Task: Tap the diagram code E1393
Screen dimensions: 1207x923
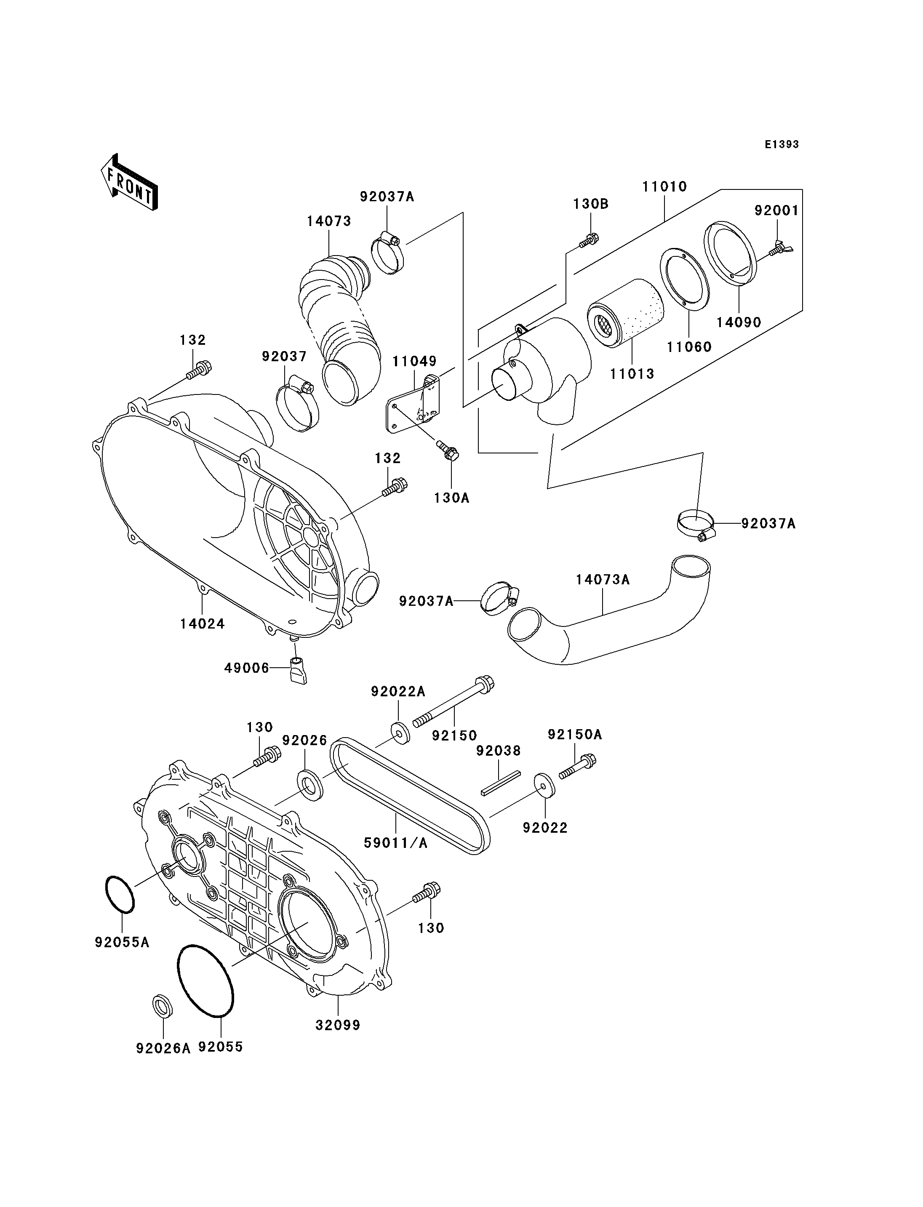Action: [x=781, y=144]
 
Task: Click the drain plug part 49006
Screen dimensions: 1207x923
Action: [x=297, y=669]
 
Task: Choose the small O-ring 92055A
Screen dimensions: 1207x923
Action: [x=119, y=894]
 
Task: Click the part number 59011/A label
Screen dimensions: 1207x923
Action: [x=395, y=843]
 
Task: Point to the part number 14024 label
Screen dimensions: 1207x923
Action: [x=202, y=623]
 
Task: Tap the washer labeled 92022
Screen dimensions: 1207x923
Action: [x=544, y=785]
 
